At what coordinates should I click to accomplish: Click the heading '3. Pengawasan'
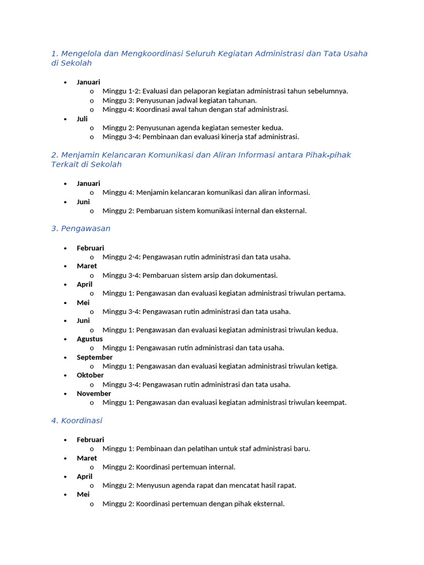[81, 228]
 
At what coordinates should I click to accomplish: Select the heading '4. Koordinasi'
[77, 420]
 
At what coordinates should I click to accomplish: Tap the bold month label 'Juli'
[82, 119]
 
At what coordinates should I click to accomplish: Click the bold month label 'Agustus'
[89, 339]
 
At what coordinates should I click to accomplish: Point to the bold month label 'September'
[94, 357]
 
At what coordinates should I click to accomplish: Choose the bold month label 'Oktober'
[90, 375]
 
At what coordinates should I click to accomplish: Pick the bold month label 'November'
[94, 393]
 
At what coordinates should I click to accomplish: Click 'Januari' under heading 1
[88, 82]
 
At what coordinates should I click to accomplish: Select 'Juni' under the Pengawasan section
[83, 321]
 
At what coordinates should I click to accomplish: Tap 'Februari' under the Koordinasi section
[90, 440]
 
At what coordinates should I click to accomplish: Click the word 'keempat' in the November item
[331, 403]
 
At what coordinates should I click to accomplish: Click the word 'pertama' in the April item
[331, 294]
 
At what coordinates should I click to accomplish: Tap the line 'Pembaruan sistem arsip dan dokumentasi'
[190, 275]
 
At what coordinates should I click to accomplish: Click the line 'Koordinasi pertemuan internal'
[169, 467]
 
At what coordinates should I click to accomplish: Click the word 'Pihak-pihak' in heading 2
[328, 155]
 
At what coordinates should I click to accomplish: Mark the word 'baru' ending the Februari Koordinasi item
[301, 449]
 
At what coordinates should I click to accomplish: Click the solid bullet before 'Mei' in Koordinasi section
[65, 494]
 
